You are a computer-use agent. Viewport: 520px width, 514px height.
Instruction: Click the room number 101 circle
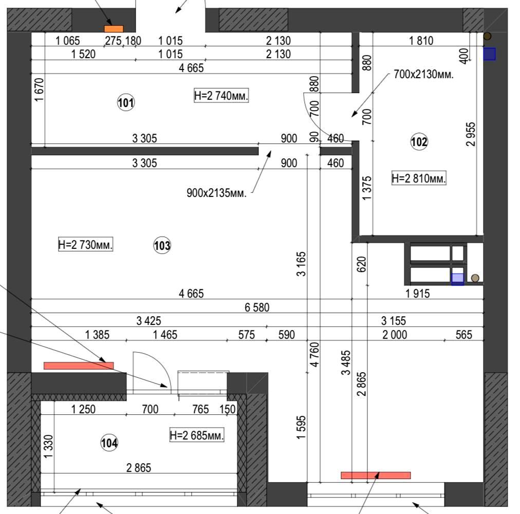[126, 102]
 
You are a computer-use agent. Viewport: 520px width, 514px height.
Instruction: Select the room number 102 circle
[419, 142]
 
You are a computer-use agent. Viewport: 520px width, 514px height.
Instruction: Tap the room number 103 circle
[162, 246]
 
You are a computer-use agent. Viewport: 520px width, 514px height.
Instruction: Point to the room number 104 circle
[109, 443]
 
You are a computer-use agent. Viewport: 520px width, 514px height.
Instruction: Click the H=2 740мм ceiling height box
[221, 96]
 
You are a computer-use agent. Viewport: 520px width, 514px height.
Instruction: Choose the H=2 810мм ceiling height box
[419, 178]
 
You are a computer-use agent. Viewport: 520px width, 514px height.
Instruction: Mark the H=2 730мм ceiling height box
[86, 244]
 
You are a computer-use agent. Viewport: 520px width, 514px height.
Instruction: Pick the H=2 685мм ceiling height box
[197, 435]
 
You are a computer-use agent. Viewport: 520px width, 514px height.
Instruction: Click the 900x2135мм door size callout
[216, 193]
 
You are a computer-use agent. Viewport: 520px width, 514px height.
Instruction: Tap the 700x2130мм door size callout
[423, 74]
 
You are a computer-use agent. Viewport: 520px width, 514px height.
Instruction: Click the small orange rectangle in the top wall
[114, 29]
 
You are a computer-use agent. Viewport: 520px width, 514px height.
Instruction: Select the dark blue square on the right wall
[489, 54]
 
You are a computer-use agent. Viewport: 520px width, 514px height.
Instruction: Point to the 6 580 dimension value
[257, 307]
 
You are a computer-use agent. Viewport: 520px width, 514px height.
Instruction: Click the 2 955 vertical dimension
[471, 134]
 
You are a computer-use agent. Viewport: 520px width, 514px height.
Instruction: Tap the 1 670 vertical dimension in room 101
[39, 90]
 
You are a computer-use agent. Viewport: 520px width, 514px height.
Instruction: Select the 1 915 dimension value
[418, 293]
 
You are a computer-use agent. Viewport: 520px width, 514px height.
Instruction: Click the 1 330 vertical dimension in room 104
[48, 447]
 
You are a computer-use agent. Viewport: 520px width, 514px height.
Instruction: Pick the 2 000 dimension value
[395, 335]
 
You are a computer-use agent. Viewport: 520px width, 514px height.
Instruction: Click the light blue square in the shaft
[458, 279]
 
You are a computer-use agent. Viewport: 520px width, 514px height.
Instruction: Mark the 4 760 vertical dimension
[314, 355]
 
